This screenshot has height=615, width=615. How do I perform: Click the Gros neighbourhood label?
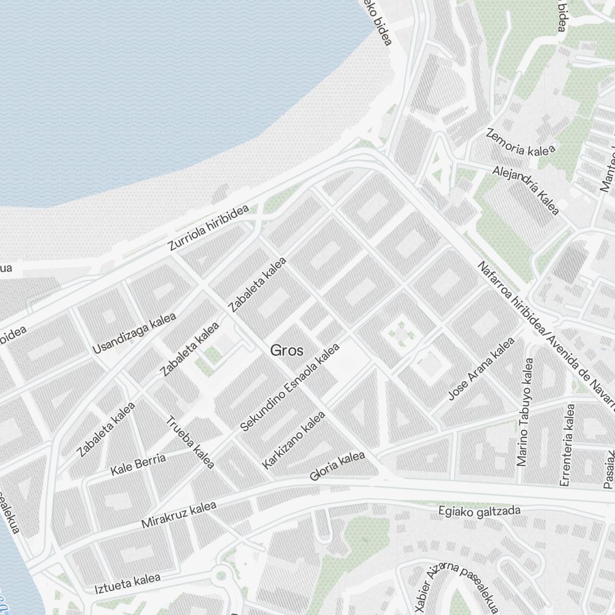pyautogui.click(x=287, y=351)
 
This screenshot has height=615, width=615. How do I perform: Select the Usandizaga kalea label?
pyautogui.click(x=134, y=333)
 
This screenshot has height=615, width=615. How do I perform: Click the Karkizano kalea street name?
pyautogui.click(x=293, y=440)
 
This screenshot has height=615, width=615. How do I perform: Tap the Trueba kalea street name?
pyautogui.click(x=191, y=442)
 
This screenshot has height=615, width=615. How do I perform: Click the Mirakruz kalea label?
pyautogui.click(x=179, y=515)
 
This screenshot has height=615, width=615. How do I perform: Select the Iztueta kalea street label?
pyautogui.click(x=127, y=583)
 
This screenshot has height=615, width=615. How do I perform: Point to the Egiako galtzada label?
pyautogui.click(x=479, y=511)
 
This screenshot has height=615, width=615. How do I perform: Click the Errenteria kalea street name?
pyautogui.click(x=568, y=444)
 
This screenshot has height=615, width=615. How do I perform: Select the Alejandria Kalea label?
pyautogui.click(x=526, y=191)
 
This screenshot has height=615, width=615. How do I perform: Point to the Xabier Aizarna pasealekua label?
pyautogui.click(x=455, y=587)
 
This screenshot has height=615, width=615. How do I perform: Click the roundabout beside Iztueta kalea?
pyautogui.click(x=221, y=577)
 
